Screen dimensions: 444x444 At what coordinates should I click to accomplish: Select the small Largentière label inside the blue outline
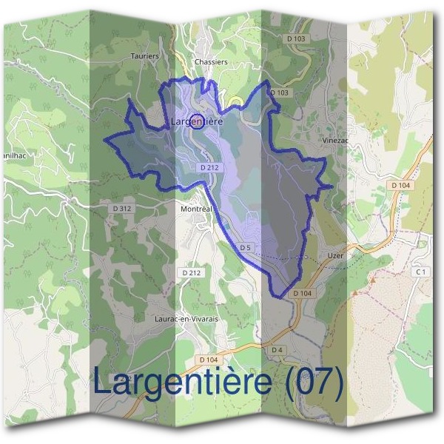197,120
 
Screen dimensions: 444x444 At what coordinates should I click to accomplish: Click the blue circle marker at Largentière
197,122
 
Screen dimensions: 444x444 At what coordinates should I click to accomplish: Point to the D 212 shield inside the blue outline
209,168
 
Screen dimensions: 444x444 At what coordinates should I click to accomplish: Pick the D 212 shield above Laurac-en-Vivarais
192,273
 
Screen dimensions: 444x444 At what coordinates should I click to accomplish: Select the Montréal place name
196,209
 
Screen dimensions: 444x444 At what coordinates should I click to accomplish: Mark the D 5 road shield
246,247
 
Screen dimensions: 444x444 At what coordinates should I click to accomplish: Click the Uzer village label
335,256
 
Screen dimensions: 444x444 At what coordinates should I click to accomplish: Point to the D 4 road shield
277,349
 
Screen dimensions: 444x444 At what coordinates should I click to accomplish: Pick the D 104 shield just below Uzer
302,294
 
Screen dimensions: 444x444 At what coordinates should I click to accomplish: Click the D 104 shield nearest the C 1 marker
400,185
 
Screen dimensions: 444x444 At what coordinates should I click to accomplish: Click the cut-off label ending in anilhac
16,157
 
